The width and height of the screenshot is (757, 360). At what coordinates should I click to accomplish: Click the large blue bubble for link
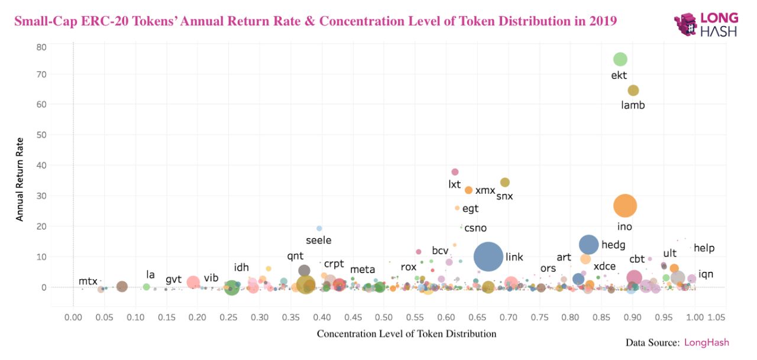(x=489, y=257)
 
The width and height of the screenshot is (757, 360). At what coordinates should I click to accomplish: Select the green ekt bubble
(x=620, y=59)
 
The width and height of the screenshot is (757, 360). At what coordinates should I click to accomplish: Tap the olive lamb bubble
(x=633, y=90)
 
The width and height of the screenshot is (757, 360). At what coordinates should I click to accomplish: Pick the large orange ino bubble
(x=625, y=206)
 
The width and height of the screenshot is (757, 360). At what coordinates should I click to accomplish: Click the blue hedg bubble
(x=588, y=244)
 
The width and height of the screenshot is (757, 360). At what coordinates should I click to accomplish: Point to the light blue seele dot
(x=319, y=228)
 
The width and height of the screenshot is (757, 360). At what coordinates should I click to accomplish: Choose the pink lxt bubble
(x=455, y=172)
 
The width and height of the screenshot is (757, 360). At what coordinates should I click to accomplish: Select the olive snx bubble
(x=504, y=183)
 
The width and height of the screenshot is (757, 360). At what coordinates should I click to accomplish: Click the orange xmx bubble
(x=468, y=190)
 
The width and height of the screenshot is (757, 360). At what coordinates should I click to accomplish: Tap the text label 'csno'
(x=475, y=228)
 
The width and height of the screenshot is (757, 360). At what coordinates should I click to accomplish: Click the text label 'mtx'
(x=88, y=281)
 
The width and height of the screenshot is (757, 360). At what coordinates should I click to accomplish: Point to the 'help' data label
(x=704, y=248)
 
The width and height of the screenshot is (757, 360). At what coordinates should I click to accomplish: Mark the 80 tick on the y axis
(x=41, y=47)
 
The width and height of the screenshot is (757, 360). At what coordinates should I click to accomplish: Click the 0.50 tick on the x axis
(x=384, y=318)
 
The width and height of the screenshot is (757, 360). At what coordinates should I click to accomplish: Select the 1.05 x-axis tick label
(x=716, y=318)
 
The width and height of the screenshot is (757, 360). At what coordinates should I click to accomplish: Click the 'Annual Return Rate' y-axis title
(x=20, y=180)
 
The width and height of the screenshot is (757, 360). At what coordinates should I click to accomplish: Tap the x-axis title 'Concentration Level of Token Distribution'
(x=406, y=334)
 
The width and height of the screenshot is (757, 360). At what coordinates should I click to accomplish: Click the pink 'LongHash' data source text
(x=706, y=342)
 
